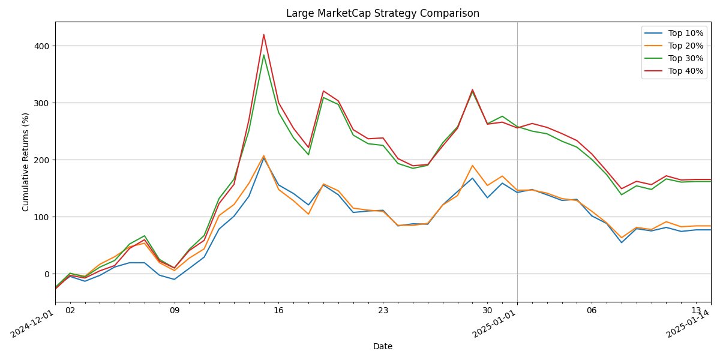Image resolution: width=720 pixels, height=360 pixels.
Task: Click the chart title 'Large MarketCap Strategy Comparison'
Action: point(382,13)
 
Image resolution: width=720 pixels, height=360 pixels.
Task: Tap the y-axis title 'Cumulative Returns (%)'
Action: point(26,162)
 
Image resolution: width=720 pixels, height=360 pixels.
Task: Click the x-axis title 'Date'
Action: point(382,346)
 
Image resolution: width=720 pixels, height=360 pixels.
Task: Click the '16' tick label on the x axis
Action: point(278,311)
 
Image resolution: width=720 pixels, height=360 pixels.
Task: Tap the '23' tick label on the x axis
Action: point(383,311)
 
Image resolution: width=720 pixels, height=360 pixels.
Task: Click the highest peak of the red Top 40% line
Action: point(263,35)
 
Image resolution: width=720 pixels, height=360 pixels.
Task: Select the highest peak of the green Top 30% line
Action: point(263,55)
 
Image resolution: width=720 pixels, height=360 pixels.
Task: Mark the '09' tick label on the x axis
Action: point(174,311)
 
